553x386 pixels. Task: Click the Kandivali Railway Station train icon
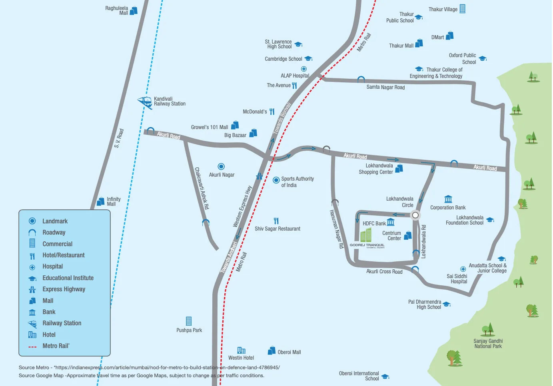pyautogui.click(x=144, y=102)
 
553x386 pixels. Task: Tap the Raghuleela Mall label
pyautogui.click(x=117, y=10)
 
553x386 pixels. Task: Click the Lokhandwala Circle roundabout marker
pyautogui.click(x=415, y=215)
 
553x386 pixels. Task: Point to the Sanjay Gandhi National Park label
pyautogui.click(x=488, y=344)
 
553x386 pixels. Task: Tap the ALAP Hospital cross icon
pyautogui.click(x=304, y=69)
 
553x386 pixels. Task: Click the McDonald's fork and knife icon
pyautogui.click(x=272, y=111)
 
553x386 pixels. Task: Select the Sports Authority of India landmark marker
pyautogui.click(x=276, y=180)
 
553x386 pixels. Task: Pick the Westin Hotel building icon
pyautogui.click(x=241, y=350)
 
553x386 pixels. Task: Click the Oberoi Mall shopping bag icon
pyautogui.click(x=272, y=350)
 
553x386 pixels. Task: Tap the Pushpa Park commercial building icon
pyautogui.click(x=189, y=321)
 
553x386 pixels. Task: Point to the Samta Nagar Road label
pyautogui.click(x=385, y=87)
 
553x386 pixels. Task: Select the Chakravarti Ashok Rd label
pyautogui.click(x=202, y=188)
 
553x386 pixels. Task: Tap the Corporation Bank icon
pyautogui.click(x=448, y=199)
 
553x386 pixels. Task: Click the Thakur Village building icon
pyautogui.click(x=462, y=9)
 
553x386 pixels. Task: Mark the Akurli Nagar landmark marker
pyautogui.click(x=221, y=166)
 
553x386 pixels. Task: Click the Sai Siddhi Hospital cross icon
pyautogui.click(x=463, y=269)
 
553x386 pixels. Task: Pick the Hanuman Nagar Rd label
pyautogui.click(x=336, y=229)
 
